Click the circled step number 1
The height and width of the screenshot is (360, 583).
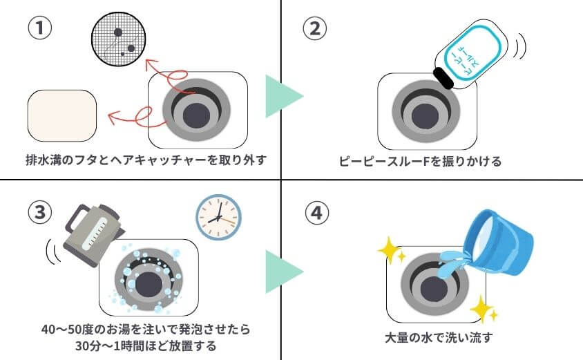39,29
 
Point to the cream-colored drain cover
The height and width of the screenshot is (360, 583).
61,113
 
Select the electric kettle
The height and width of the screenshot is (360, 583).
88,229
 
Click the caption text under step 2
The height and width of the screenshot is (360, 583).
420,162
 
